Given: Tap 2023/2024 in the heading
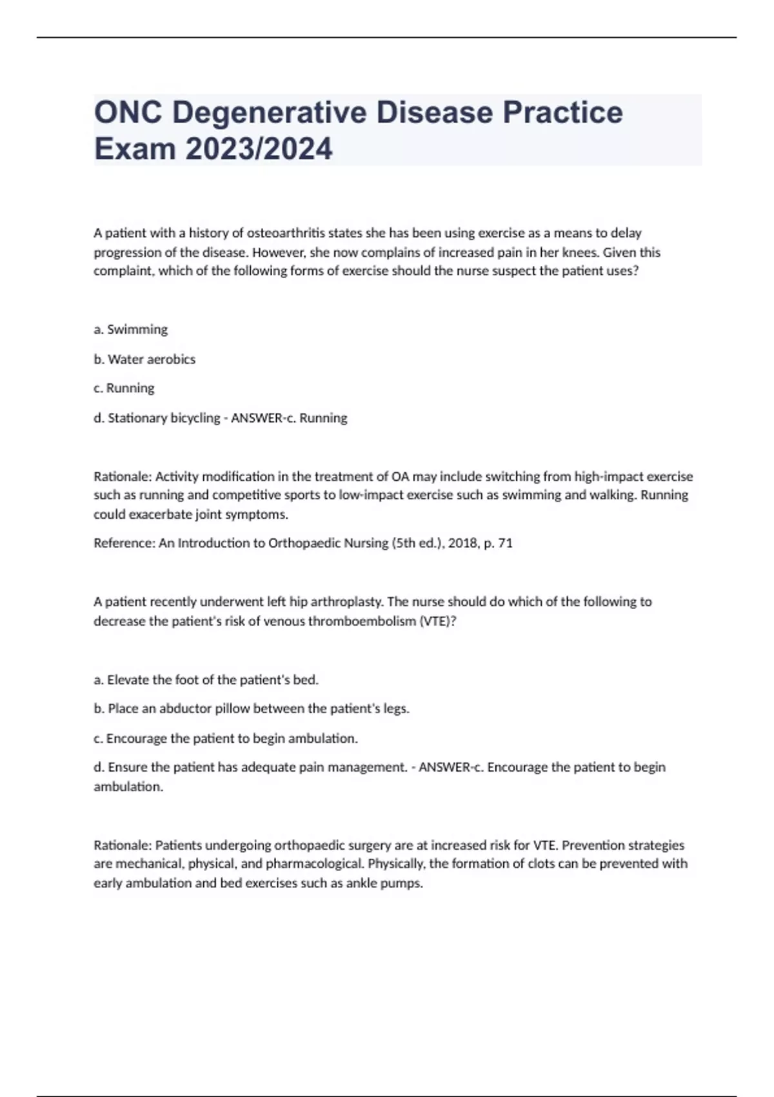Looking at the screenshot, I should (259, 149).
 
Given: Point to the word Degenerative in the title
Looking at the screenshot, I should (269, 112).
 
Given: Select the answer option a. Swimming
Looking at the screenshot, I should (130, 330).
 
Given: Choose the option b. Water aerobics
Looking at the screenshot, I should (144, 359).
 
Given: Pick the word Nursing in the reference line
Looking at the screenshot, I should (360, 543).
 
